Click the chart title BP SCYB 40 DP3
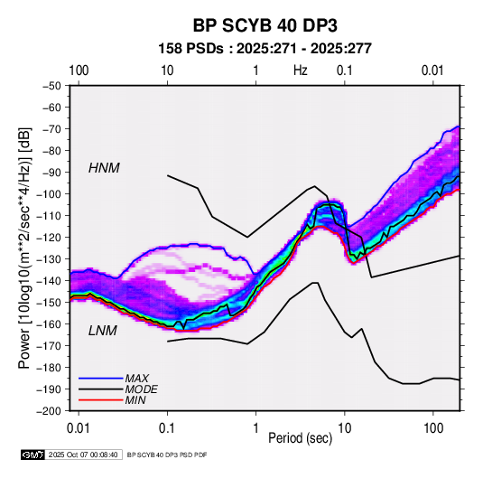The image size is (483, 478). pyautogui.click(x=265, y=25)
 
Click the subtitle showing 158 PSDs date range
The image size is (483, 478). pyautogui.click(x=265, y=49)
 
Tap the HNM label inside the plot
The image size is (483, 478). pyautogui.click(x=104, y=168)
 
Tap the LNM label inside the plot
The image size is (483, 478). pyautogui.click(x=103, y=331)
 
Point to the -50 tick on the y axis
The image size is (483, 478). pyautogui.click(x=51, y=86)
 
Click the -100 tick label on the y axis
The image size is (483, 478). pyautogui.click(x=49, y=194)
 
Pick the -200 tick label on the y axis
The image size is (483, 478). pyautogui.click(x=49, y=411)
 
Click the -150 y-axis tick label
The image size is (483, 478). pyautogui.click(x=49, y=302)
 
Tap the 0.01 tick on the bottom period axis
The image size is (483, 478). pyautogui.click(x=79, y=428)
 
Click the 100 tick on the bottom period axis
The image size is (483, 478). pyautogui.click(x=433, y=428)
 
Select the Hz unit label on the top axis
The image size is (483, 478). pyautogui.click(x=301, y=70)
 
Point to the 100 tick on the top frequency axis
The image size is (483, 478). pyautogui.click(x=79, y=70)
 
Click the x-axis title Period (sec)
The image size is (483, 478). pyautogui.click(x=301, y=438)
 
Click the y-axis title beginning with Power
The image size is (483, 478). pyautogui.click(x=24, y=248)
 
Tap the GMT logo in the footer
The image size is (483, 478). pyautogui.click(x=33, y=455)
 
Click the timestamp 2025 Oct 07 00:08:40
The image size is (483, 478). pyautogui.click(x=83, y=455)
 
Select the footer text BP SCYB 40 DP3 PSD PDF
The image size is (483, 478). pyautogui.click(x=167, y=455)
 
